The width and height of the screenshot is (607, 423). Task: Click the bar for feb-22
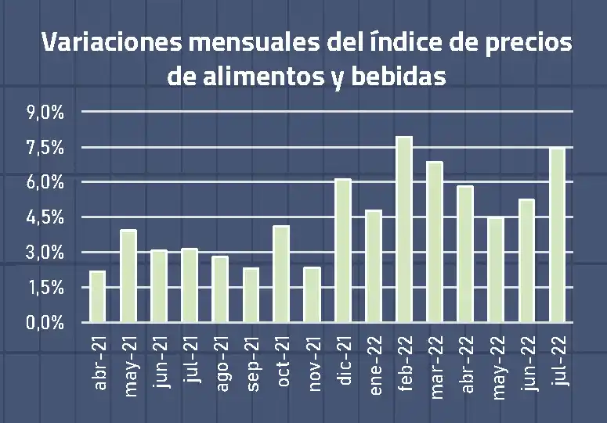[404, 230]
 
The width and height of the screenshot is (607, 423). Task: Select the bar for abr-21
[98, 296]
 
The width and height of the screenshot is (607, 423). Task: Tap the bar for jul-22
[557, 235]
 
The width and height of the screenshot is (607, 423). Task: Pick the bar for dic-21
[343, 250]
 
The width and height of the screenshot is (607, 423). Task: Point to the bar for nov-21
[312, 295]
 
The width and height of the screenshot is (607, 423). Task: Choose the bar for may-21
[128, 276]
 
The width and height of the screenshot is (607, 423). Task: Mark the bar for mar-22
[435, 242]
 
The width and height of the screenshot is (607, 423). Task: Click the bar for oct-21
[281, 274]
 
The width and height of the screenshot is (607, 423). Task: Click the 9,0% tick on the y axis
[45, 113]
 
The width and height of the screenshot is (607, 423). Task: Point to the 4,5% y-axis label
[45, 217]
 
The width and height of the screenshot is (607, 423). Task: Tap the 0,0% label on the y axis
[45, 322]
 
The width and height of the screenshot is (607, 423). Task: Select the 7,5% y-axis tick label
[45, 148]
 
